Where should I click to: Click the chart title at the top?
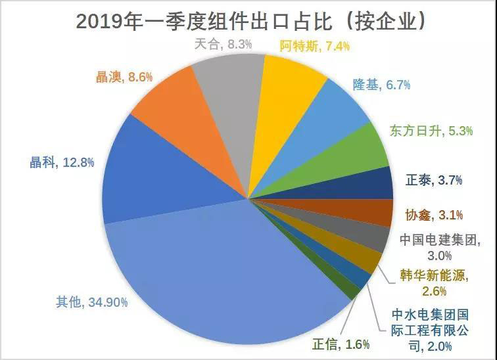pos(248,21)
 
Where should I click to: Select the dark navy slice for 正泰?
pos(375,183)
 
